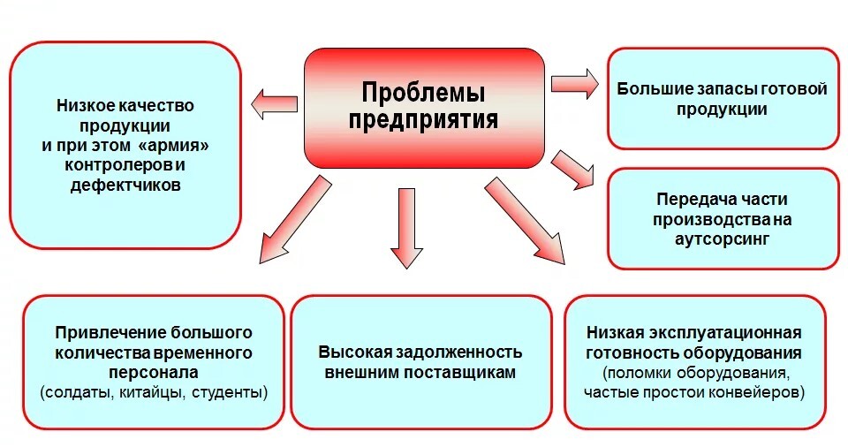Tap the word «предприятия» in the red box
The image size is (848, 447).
pyautogui.click(x=423, y=118)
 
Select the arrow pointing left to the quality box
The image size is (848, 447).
pyautogui.click(x=272, y=105)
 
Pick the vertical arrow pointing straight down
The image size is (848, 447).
pyautogui.click(x=405, y=226)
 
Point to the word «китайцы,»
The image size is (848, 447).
pyautogui.click(x=153, y=390)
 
